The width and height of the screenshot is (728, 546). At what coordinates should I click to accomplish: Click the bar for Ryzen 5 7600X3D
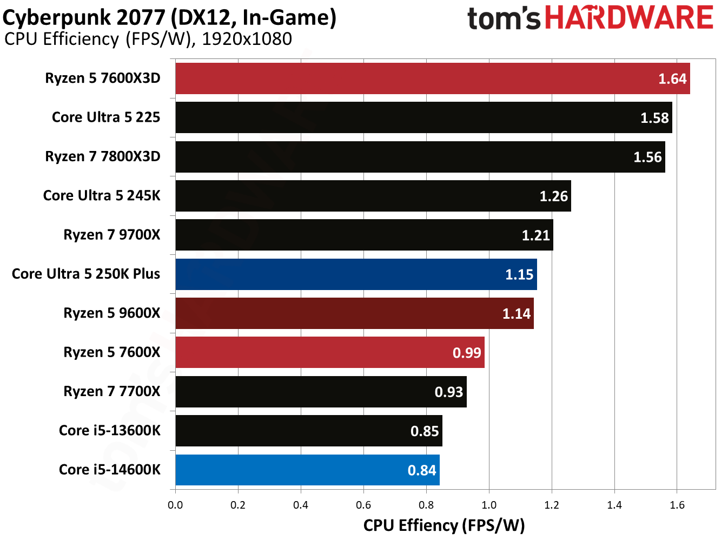(x=433, y=78)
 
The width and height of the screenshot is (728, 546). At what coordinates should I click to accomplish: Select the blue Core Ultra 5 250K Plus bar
(x=356, y=274)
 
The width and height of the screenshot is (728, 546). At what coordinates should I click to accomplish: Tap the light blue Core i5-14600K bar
(x=307, y=470)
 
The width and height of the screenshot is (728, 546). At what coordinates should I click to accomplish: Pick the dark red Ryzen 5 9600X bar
(x=354, y=313)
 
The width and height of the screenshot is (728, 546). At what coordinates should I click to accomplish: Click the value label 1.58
(x=654, y=118)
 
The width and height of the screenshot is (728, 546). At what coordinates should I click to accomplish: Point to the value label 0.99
(x=467, y=353)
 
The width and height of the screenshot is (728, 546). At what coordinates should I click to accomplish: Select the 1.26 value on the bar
(x=554, y=196)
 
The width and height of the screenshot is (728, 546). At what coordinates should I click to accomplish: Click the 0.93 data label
(x=449, y=392)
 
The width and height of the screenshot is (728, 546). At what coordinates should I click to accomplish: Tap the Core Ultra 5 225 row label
(x=106, y=117)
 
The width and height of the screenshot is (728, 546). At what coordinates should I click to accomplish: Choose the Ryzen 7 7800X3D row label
(x=103, y=156)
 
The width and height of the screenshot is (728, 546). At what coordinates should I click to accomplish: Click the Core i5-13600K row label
(x=110, y=431)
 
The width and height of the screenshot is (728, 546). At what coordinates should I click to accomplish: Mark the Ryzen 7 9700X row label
(x=112, y=235)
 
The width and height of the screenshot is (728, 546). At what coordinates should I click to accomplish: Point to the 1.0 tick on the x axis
(x=489, y=505)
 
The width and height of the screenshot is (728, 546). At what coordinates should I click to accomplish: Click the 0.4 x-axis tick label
(x=301, y=505)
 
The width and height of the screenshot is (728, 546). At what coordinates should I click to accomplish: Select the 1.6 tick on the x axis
(x=677, y=505)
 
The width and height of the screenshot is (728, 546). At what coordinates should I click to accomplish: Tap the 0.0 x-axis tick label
(x=175, y=505)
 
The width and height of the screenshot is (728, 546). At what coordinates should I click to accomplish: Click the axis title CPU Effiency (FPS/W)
(x=444, y=525)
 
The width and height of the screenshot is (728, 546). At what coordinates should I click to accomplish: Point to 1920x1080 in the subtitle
(x=247, y=39)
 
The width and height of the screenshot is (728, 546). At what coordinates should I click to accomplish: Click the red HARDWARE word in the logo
(x=629, y=18)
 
